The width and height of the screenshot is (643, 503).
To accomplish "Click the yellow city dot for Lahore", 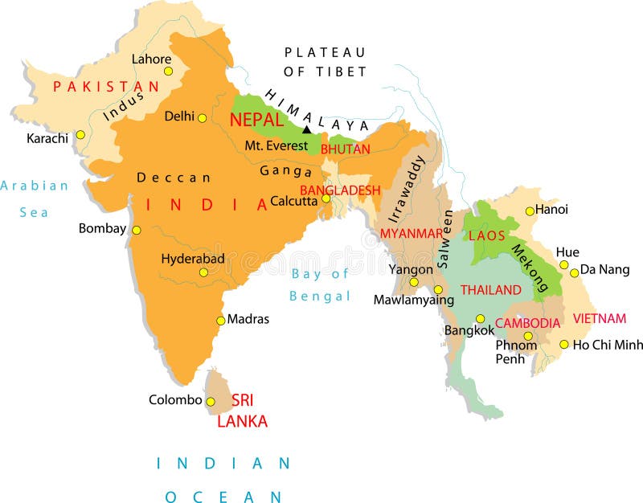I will coord(168,71).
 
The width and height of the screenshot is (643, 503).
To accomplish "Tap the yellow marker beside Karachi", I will coord(80,135).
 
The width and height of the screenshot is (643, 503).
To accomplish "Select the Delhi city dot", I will coord(202,118).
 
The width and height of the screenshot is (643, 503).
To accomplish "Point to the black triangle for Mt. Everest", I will coord(306,129).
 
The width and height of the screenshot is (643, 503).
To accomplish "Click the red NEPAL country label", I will coord(256,120).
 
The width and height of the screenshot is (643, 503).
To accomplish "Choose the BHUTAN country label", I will coord(346,149).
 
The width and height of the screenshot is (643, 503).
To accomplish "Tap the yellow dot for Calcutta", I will coord(326,198).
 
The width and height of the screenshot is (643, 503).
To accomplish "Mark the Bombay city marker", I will coord(137,230).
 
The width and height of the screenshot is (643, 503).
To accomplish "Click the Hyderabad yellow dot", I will coord(203,272).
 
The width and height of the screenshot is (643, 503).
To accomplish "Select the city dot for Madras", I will coord(220,320).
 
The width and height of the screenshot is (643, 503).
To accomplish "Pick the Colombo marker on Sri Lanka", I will coord(211,402).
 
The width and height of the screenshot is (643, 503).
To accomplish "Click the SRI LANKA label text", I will coord(243,410).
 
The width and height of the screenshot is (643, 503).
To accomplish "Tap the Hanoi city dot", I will coord(530,211).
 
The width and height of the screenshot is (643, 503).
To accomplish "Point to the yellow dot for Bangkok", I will coord(481,318).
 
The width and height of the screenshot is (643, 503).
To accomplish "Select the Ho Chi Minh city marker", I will coord(564,345).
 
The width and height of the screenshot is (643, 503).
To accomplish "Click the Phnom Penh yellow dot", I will coord(528,336).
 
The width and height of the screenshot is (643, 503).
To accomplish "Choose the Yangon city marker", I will coord(414,282).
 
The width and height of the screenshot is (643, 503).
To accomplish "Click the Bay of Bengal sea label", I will coord(321,284).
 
